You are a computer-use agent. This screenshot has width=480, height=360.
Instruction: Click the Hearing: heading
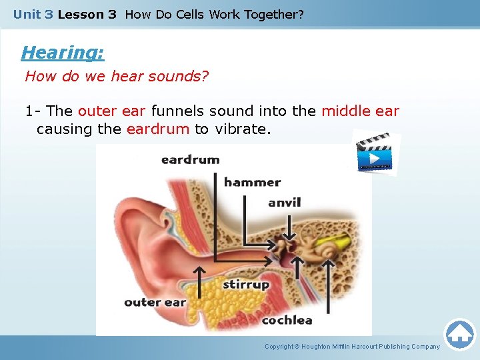click(x=63, y=52)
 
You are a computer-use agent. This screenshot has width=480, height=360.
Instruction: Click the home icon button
click(x=459, y=334)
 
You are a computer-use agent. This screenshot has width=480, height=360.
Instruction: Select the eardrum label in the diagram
click(x=190, y=160)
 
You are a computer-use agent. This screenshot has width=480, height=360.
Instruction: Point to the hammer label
click(x=252, y=182)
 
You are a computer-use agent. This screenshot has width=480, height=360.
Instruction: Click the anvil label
click(x=285, y=203)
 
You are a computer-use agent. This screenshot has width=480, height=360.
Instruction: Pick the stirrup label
click(x=246, y=285)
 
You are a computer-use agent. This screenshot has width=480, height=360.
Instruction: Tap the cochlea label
click(x=287, y=320)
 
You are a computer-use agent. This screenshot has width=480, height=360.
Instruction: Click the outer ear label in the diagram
click(x=155, y=303)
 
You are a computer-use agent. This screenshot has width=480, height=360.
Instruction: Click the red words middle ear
click(x=360, y=111)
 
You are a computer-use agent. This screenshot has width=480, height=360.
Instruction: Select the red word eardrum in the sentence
click(x=158, y=129)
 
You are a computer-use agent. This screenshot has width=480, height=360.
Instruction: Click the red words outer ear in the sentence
click(x=113, y=111)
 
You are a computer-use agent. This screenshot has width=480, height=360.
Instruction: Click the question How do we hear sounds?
click(x=117, y=76)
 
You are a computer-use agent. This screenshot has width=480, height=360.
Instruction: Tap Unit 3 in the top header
click(x=33, y=14)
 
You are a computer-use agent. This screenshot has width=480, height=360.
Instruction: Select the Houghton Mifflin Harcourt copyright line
click(x=352, y=347)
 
